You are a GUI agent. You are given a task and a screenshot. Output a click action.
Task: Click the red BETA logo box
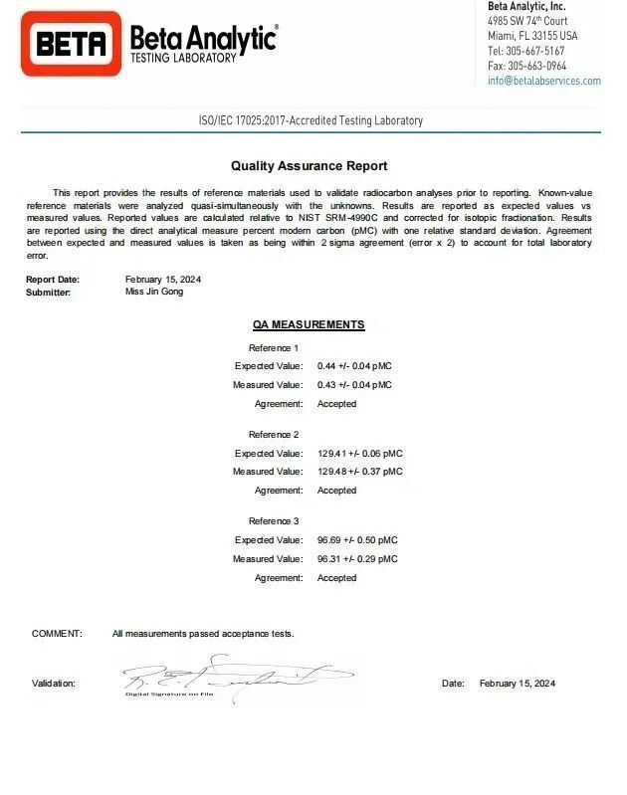(x=71, y=43)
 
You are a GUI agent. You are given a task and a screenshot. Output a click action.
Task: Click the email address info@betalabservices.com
(x=543, y=81)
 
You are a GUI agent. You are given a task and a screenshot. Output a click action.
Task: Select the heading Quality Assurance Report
(x=309, y=166)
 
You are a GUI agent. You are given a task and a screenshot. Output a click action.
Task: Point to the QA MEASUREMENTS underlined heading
(x=309, y=324)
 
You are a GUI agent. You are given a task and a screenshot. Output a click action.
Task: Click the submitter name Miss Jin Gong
(x=154, y=292)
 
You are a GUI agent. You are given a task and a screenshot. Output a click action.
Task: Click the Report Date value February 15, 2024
(x=164, y=280)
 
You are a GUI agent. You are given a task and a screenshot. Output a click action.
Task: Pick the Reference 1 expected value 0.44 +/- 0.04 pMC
(x=354, y=366)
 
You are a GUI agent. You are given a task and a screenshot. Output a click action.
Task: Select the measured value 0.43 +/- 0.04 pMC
(x=354, y=385)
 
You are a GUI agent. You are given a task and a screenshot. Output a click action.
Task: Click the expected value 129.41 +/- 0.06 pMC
(x=359, y=453)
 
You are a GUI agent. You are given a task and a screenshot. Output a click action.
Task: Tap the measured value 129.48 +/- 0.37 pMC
(x=359, y=472)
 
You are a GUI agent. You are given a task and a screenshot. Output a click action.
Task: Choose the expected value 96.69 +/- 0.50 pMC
(x=356, y=540)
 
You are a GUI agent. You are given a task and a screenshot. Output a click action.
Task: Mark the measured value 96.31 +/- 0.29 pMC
(x=356, y=559)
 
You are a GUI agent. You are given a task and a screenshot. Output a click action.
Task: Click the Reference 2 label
(x=274, y=435)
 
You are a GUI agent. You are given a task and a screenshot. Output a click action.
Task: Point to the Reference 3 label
(x=274, y=521)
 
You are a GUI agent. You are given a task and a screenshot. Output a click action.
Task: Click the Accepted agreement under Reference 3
(x=336, y=578)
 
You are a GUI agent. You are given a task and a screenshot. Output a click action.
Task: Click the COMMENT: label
(x=57, y=634)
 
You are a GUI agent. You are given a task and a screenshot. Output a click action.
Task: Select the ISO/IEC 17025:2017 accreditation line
(x=311, y=120)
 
